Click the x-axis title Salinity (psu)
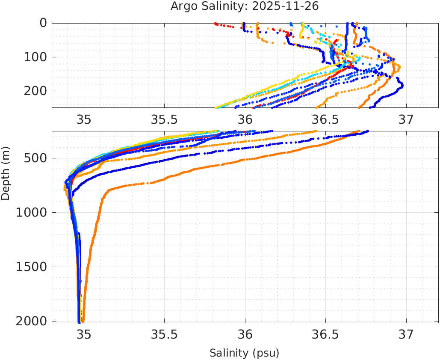coord(244,353)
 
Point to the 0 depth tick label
coord(43,23)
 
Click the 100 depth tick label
coord(35,57)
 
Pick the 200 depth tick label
coord(35,91)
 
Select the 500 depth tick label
coord(35,158)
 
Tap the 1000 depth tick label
coord(31,212)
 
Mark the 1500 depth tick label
coord(31,267)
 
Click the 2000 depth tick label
coord(31,321)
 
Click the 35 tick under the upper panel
coord(84,119)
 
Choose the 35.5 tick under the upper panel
coord(164,119)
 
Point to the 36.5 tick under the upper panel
coord(325,119)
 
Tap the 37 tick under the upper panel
coord(406,119)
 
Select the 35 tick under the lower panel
coord(84,334)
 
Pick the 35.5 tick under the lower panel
coord(164,334)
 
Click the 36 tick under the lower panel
coord(245,334)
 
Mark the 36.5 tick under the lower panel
coord(325,334)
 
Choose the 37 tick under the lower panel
coord(406,334)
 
